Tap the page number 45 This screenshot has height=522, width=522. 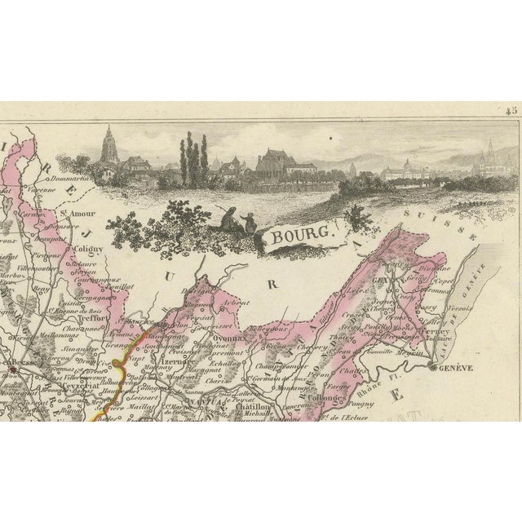511,112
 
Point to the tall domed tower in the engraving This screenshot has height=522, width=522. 108,147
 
